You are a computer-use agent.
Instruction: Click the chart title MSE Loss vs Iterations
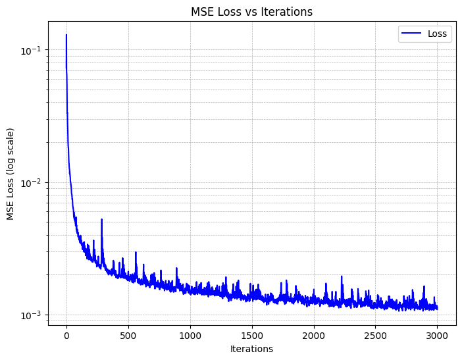pos(252,11)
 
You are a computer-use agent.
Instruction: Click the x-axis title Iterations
pos(252,349)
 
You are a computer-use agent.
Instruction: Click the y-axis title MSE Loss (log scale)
pos(11,175)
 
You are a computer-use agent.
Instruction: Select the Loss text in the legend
pos(437,34)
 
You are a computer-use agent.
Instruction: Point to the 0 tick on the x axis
pos(66,336)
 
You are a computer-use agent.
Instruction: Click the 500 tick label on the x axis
pos(128,336)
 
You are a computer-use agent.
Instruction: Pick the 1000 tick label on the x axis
pos(190,336)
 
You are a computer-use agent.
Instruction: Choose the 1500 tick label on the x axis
pos(252,336)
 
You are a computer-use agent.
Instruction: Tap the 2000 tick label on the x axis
pos(314,336)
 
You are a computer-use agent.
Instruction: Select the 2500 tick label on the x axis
pos(376,336)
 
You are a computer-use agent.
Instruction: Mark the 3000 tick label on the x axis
pos(438,336)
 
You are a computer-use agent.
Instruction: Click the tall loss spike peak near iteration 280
pos(101,220)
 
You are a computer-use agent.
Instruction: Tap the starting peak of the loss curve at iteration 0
pos(66,35)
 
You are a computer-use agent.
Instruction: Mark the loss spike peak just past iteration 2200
pos(342,276)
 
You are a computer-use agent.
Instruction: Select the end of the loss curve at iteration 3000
pos(437,308)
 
